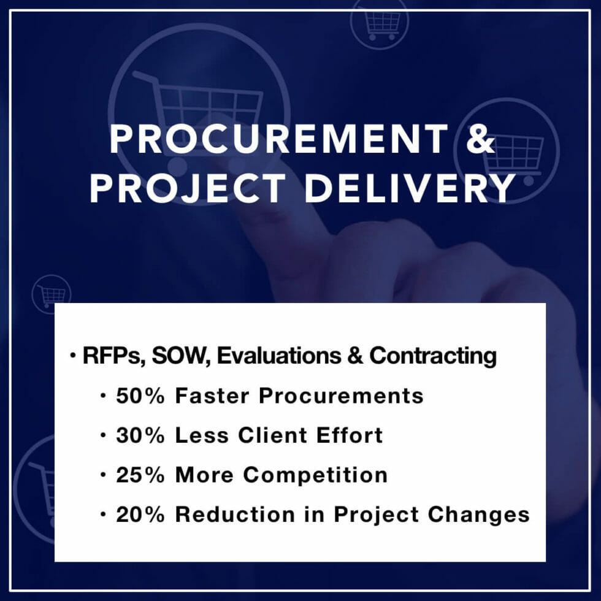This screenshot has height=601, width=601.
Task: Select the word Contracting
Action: [x=433, y=356]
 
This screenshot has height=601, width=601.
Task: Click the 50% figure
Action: [x=140, y=396]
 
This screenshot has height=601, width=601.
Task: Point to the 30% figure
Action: [x=140, y=435]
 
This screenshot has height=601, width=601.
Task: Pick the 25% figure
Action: [x=140, y=475]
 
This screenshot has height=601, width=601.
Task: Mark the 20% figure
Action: [x=140, y=514]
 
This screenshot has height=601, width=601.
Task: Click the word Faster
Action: [x=212, y=396]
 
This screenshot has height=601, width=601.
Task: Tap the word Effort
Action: [x=349, y=435]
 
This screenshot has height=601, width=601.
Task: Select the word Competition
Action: [x=315, y=476]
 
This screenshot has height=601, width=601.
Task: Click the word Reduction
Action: [x=235, y=514]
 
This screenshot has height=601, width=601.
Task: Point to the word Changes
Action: [x=479, y=515]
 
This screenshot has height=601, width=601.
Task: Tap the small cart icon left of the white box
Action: [x=52, y=294]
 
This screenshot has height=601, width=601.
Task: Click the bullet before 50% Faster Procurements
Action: [x=103, y=396]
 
